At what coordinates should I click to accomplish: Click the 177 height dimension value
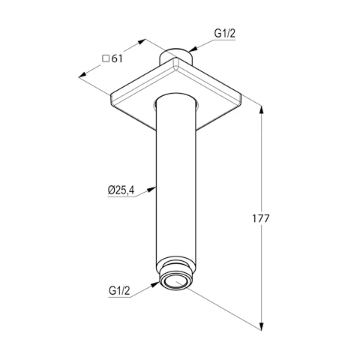point(260,219)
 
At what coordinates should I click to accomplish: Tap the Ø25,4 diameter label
point(121,190)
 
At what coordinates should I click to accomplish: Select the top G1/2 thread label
point(225,33)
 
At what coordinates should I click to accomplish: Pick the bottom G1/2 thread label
point(119,291)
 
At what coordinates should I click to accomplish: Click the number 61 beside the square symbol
point(117,58)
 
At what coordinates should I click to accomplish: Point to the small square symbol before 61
point(106,58)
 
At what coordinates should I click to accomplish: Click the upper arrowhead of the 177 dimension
point(262,110)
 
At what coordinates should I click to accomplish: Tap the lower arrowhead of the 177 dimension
point(262,325)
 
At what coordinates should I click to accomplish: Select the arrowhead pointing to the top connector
point(193,49)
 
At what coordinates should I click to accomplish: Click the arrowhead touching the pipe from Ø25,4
point(151,189)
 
